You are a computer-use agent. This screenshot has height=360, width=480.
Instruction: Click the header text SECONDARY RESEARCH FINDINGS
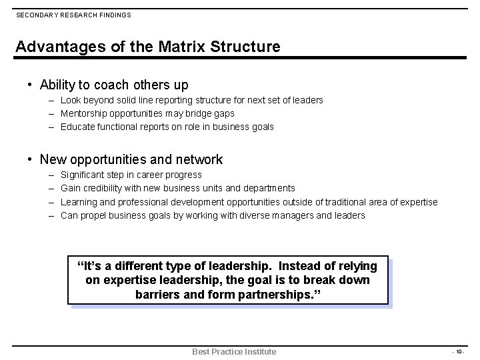[x=73, y=15]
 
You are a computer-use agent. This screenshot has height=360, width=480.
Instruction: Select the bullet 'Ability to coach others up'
[x=114, y=85]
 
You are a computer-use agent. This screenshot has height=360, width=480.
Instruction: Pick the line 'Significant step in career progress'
[x=131, y=175]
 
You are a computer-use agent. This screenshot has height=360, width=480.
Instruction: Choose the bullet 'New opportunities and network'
[x=131, y=159]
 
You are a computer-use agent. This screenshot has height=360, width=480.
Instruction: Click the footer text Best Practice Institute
[x=234, y=351]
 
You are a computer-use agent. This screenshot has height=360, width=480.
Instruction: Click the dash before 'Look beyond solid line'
[x=51, y=100]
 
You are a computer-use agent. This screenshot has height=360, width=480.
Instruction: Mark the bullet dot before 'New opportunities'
[x=30, y=159]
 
